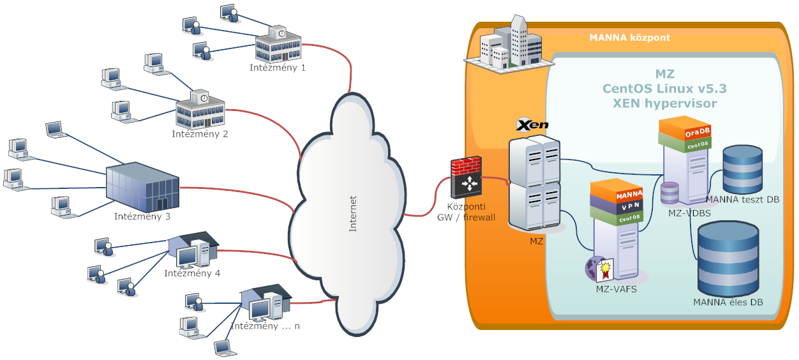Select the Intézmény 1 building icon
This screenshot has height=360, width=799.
(277, 45)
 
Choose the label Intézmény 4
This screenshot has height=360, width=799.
(192, 273)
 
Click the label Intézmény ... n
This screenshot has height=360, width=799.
(265, 326)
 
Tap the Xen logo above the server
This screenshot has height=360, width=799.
(532, 124)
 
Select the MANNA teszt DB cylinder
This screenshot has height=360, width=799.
(743, 169)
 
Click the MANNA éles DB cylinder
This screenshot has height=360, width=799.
(728, 259)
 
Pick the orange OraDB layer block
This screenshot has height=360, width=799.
(685, 131)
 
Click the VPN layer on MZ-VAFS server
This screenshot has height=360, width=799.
(616, 207)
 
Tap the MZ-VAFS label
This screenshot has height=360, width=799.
(615, 289)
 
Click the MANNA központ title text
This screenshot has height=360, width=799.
(629, 38)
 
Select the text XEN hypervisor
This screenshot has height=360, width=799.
(664, 103)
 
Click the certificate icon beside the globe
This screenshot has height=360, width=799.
(604, 270)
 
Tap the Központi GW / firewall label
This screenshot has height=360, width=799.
(466, 213)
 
